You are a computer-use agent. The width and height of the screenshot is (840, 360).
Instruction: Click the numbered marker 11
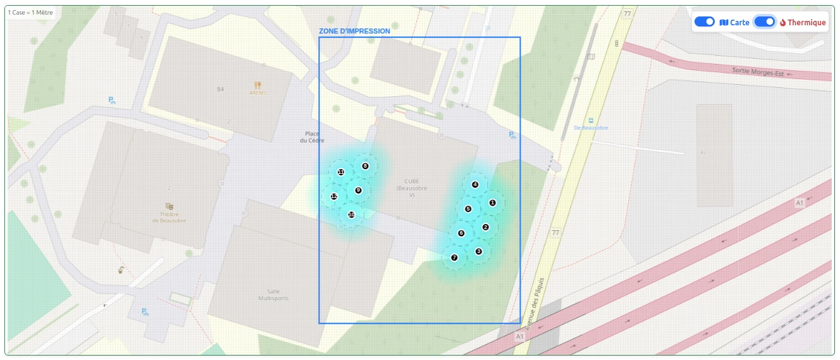coord(341,172)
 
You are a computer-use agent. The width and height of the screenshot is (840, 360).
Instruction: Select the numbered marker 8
coord(365,166)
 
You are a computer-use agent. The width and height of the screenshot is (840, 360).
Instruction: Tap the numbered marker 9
coord(358,190)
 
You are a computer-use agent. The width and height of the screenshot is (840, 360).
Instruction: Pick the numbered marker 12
coord(334,196)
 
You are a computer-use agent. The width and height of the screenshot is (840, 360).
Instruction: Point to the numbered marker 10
coord(351,214)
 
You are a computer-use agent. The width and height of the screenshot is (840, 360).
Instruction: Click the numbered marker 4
coord(475,184)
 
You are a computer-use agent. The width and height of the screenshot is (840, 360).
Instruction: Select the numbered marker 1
coord(492,202)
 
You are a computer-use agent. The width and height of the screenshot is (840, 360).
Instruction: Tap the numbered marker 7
coord(454,258)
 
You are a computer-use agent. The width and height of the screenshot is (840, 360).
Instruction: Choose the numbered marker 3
coord(478,251)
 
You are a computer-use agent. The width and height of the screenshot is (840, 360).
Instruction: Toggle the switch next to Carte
coord(705,22)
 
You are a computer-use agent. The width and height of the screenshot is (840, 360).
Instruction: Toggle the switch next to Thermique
coord(765,22)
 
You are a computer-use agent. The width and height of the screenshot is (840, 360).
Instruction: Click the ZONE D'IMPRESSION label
coord(354,30)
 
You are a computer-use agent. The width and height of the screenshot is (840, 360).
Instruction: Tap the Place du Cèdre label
coord(312,137)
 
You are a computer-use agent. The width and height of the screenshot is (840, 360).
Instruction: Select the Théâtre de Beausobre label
coord(169,217)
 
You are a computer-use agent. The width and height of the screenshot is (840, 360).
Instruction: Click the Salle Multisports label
coord(273,294)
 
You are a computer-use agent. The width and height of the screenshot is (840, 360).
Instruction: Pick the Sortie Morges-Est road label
coord(758,71)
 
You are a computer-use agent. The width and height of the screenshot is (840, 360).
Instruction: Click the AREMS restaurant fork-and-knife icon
coord(257,85)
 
